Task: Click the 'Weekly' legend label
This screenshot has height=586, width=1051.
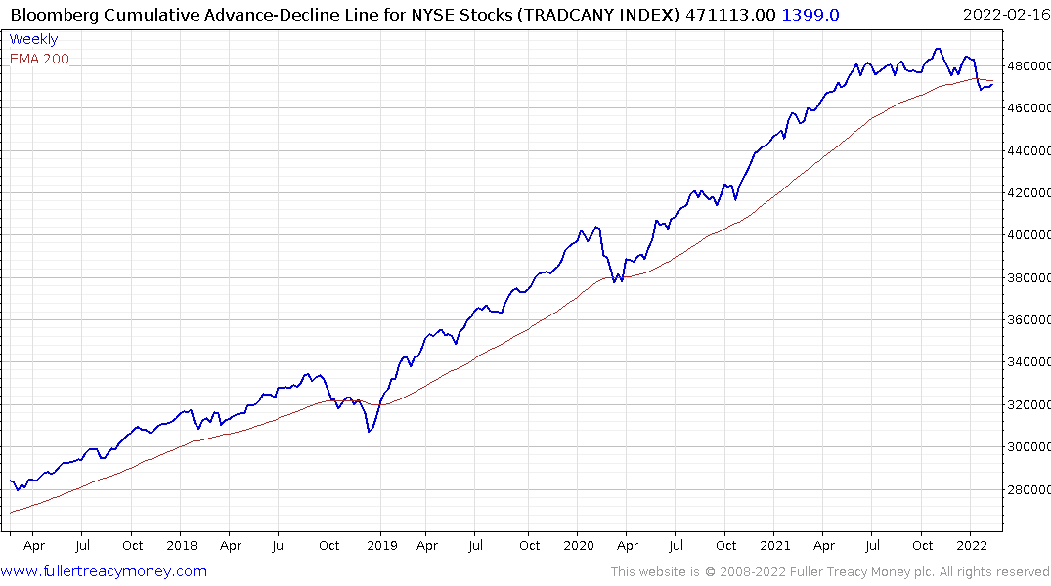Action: click(33, 39)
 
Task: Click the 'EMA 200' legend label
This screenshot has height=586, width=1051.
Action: click(39, 59)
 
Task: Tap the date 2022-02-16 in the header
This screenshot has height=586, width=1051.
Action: click(1005, 14)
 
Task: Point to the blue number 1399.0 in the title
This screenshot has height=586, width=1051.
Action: click(810, 14)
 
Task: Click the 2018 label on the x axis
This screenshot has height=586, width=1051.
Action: click(182, 545)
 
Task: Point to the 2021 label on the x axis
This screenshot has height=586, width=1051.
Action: click(774, 545)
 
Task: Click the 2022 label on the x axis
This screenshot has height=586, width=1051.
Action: click(971, 545)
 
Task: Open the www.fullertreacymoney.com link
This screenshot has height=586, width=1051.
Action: click(105, 571)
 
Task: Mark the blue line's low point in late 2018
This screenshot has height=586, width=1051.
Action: click(370, 431)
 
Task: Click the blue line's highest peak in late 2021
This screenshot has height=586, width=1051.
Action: click(938, 49)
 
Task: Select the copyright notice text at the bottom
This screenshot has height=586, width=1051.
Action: click(830, 572)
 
